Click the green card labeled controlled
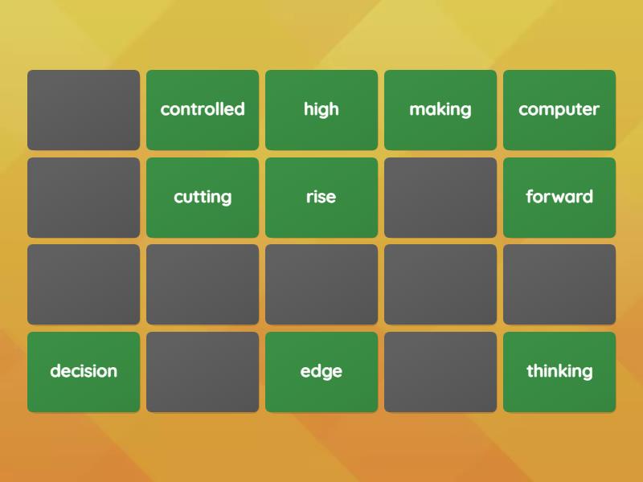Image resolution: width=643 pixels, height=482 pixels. [x=203, y=110]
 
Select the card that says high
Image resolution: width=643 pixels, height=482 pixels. [x=321, y=110]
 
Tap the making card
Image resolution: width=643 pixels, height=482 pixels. [x=440, y=110]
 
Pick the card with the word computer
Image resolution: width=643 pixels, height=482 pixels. [x=559, y=110]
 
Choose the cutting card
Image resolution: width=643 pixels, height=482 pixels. [x=203, y=198]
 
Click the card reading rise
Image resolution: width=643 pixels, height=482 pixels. [x=321, y=198]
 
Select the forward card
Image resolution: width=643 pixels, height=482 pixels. [x=559, y=198]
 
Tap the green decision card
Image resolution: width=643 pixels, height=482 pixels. [x=84, y=372]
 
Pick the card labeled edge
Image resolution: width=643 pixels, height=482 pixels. [x=321, y=372]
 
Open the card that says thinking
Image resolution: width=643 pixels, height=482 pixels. [x=559, y=372]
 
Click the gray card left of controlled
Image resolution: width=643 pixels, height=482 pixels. [x=84, y=110]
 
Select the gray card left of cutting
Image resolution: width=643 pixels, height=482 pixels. [x=84, y=198]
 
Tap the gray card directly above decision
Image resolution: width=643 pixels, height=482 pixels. [x=84, y=284]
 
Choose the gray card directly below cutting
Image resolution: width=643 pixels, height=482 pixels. [x=203, y=284]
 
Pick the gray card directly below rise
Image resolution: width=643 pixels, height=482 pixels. [x=321, y=284]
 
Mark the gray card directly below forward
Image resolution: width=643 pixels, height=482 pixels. [x=559, y=284]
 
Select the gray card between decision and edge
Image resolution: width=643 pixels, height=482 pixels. [x=203, y=372]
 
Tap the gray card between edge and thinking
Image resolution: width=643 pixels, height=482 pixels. [x=440, y=372]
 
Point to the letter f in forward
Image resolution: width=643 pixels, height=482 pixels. [x=530, y=197]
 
